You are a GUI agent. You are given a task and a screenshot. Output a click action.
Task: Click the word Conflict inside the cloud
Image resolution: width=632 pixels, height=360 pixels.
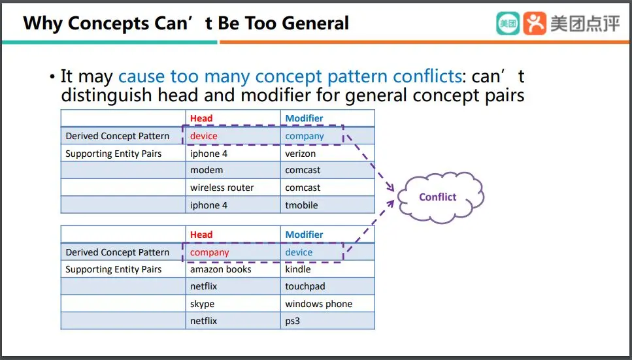tap(438, 197)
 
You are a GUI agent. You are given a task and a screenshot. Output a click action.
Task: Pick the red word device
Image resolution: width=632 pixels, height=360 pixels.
tap(203, 136)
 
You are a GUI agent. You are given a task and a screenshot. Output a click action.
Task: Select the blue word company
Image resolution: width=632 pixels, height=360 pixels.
tap(305, 137)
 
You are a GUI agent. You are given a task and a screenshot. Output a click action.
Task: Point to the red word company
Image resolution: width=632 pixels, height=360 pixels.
tap(210, 252)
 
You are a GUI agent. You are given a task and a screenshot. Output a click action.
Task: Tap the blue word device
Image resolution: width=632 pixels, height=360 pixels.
tap(299, 252)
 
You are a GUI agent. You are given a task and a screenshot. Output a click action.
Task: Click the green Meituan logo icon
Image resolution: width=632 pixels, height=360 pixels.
tap(508, 24)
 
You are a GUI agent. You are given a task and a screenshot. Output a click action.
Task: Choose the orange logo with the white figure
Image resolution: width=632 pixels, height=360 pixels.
tap(535, 24)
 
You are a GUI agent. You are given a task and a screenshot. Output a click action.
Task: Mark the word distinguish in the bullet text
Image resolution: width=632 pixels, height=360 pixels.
tap(107, 96)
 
